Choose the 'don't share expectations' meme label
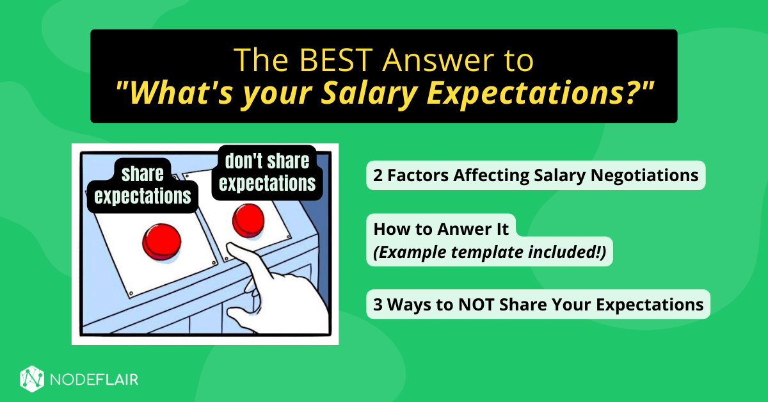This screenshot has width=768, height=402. coord(267,172)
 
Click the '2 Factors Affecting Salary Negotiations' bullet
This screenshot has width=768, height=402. coord(536,175)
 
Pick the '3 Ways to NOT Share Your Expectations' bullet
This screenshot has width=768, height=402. coord(538,305)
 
